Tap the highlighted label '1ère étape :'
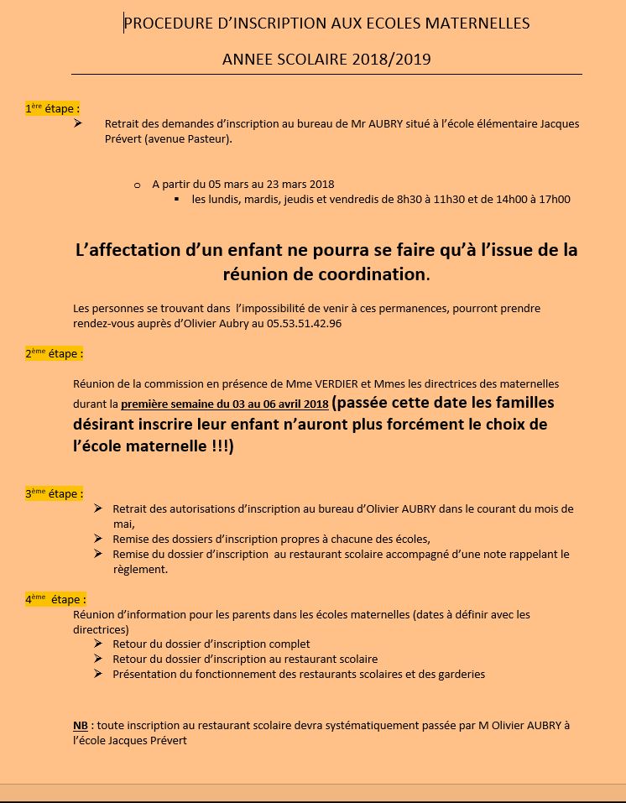52,108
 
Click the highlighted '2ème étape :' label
54,354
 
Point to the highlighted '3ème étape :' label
54,493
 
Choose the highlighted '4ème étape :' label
55,599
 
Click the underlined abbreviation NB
81,726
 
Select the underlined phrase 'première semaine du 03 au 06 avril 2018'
224,404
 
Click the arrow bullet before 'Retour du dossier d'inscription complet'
98,644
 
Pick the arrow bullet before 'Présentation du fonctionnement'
98,674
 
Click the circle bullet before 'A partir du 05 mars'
137,185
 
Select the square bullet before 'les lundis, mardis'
177,200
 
